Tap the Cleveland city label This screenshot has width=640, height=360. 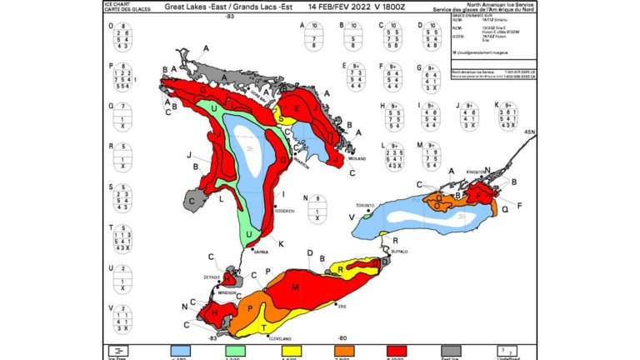[x=280, y=339]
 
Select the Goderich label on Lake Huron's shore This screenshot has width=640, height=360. [x=284, y=212]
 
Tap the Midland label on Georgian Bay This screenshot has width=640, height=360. [x=357, y=157]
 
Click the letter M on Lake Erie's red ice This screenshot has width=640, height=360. [x=295, y=287]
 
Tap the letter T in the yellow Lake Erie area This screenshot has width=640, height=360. [x=265, y=327]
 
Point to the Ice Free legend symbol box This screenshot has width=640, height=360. [x=120, y=350]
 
